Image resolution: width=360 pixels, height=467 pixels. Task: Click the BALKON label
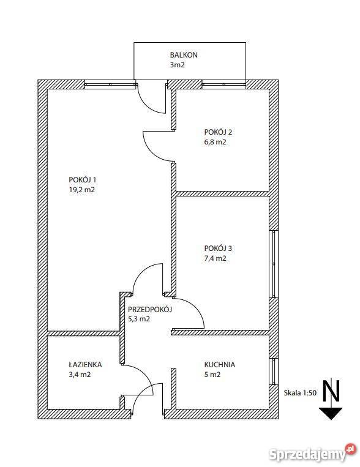pyautogui.click(x=184, y=55)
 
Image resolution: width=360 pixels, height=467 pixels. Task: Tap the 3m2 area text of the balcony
pyautogui.click(x=178, y=65)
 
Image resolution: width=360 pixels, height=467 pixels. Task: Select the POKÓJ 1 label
pyautogui.click(x=82, y=179)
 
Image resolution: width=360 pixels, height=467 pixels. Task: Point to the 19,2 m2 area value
pyautogui.click(x=81, y=190)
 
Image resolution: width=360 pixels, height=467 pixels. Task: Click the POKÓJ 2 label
pyautogui.click(x=218, y=132)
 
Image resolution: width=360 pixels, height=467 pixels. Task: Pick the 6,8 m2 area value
pyautogui.click(x=215, y=142)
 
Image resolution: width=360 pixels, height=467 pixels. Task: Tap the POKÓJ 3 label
pyautogui.click(x=218, y=248)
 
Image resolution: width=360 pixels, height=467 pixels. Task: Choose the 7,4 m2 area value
pyautogui.click(x=215, y=258)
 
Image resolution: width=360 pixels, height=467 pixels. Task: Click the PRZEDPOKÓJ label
pyautogui.click(x=150, y=309)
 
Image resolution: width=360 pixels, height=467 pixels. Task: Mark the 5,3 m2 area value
pyautogui.click(x=139, y=319)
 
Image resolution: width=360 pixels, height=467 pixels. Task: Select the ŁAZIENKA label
pyautogui.click(x=85, y=364)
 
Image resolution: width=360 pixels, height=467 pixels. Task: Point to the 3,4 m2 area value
pyautogui.click(x=80, y=375)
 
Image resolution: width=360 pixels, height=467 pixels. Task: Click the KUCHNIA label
pyautogui.click(x=220, y=364)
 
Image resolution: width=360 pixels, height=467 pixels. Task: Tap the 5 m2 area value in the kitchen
pyautogui.click(x=212, y=375)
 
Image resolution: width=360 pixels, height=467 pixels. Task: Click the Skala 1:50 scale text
pyautogui.click(x=300, y=393)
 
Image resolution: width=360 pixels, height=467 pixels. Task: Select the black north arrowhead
pyautogui.click(x=331, y=413)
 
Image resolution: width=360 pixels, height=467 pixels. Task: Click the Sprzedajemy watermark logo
pyautogui.click(x=313, y=454)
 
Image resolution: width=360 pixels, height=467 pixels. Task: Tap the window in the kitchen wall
pyautogui.click(x=274, y=371)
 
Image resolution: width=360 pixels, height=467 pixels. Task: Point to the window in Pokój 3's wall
pyautogui.click(x=274, y=264)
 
